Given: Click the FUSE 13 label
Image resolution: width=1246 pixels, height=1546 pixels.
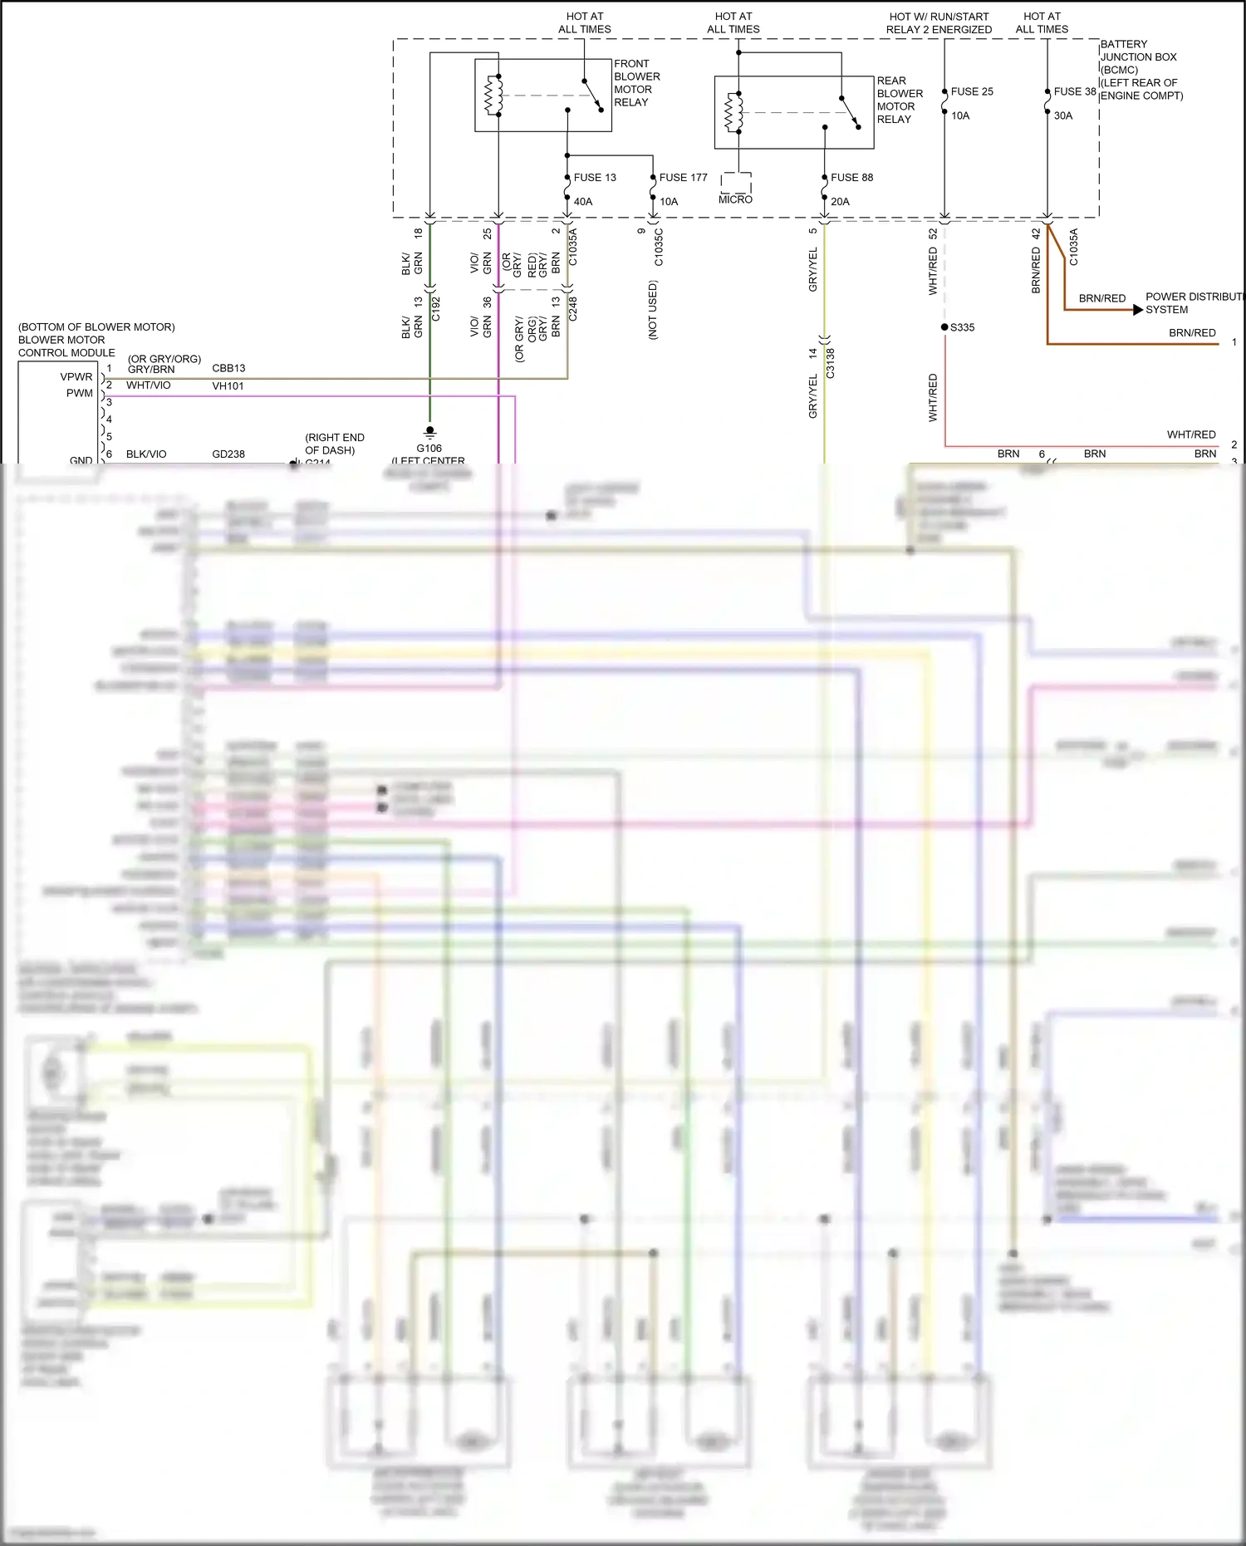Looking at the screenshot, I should pos(595,177).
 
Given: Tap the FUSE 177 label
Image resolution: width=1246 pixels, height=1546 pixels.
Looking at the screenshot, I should pos(683,177).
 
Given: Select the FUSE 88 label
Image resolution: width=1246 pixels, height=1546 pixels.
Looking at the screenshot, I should pos(851,177).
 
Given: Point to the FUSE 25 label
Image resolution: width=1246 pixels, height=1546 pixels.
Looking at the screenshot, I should pos(972,91).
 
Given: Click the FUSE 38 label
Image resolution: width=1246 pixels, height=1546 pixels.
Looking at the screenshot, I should pos(1075,91).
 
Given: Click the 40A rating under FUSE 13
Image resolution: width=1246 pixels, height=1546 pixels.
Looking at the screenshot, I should pos(583,201).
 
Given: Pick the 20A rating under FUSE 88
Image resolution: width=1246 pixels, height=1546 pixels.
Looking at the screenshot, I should pos(840,201).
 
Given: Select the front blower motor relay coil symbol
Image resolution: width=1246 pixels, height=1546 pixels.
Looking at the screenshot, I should pos(493,96).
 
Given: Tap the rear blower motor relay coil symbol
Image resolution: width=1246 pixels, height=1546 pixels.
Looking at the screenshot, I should pos(733,113).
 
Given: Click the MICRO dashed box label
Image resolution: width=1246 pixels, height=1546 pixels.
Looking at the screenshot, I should pos(735,199).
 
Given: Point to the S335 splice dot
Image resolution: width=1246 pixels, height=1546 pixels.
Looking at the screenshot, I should pos(944,327).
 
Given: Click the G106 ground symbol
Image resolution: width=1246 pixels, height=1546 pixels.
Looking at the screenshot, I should pos(429,432).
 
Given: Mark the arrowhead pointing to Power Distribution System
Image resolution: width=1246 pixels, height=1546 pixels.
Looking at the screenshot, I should pos(1138,310).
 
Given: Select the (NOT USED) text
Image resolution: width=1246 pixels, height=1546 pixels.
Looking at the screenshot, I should pos(653,310).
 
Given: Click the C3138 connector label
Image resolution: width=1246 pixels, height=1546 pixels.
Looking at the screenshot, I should pos(830,363).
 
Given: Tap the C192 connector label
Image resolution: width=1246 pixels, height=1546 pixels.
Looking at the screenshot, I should pos(435,309).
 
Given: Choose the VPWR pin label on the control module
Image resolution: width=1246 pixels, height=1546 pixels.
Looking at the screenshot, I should pos(76,376).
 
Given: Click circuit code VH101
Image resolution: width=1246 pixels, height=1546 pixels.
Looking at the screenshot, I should pos(228,385).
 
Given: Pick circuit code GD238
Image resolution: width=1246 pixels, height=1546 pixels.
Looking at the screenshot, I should pos(228,454).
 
